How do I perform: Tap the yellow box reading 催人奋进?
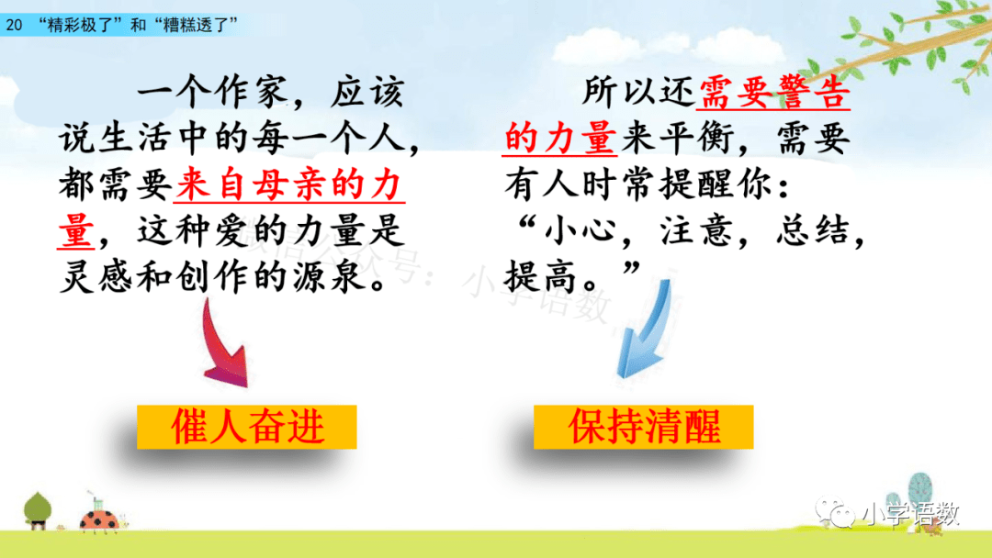pyautogui.click(x=247, y=427)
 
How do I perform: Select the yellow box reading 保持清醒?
pyautogui.click(x=643, y=427)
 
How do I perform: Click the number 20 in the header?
pyautogui.click(x=14, y=26)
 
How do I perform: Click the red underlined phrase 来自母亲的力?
pyautogui.click(x=289, y=185)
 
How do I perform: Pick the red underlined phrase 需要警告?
pyautogui.click(x=774, y=93)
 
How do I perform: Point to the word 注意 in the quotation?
pyautogui.click(x=696, y=230)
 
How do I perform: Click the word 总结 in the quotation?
pyautogui.click(x=812, y=230)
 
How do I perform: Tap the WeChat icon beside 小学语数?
pyautogui.click(x=835, y=513)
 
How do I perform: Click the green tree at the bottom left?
pyautogui.click(x=38, y=510)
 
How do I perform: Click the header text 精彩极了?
pyautogui.click(x=80, y=26)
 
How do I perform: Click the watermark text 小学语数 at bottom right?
pyautogui.click(x=910, y=514)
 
